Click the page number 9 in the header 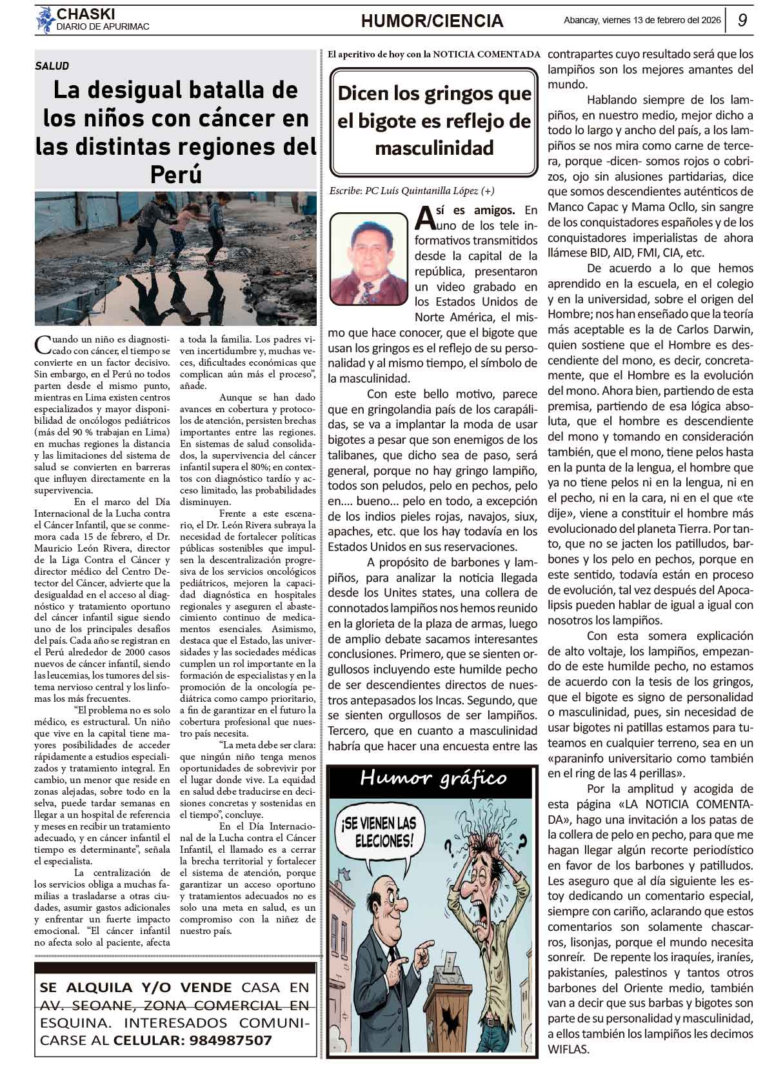point(742,21)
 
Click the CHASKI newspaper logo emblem point(45,19)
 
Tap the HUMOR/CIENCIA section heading point(432,21)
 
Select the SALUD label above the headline point(52,66)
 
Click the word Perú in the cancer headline point(175,174)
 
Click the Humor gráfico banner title point(433,778)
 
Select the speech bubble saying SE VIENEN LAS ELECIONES point(379,832)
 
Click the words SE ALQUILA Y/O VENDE point(135,987)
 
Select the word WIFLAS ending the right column point(568,1049)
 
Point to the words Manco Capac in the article point(577,207)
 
